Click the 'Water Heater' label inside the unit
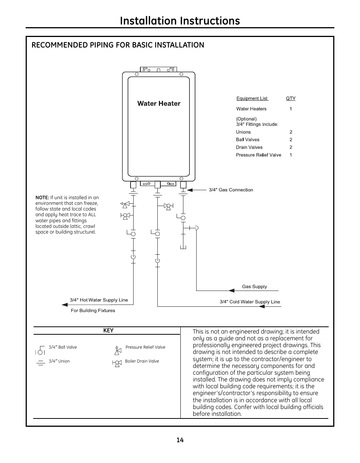coord(158,103)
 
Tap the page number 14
coord(180,440)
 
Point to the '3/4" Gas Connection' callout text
coord(231,190)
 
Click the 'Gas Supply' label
coord(254,286)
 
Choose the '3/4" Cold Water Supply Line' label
coord(250,301)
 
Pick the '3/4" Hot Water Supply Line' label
coord(99,300)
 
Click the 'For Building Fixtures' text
coord(93,311)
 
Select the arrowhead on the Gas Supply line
coord(231,290)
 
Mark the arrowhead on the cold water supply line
coord(262,306)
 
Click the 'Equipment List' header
coord(252,98)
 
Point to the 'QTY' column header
coord(291,98)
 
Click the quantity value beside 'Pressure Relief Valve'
coord(291,155)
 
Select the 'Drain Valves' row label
coord(249,147)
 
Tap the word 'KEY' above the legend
coord(108,331)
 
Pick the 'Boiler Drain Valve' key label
coord(142,361)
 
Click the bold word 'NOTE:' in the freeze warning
coord(42,197)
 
